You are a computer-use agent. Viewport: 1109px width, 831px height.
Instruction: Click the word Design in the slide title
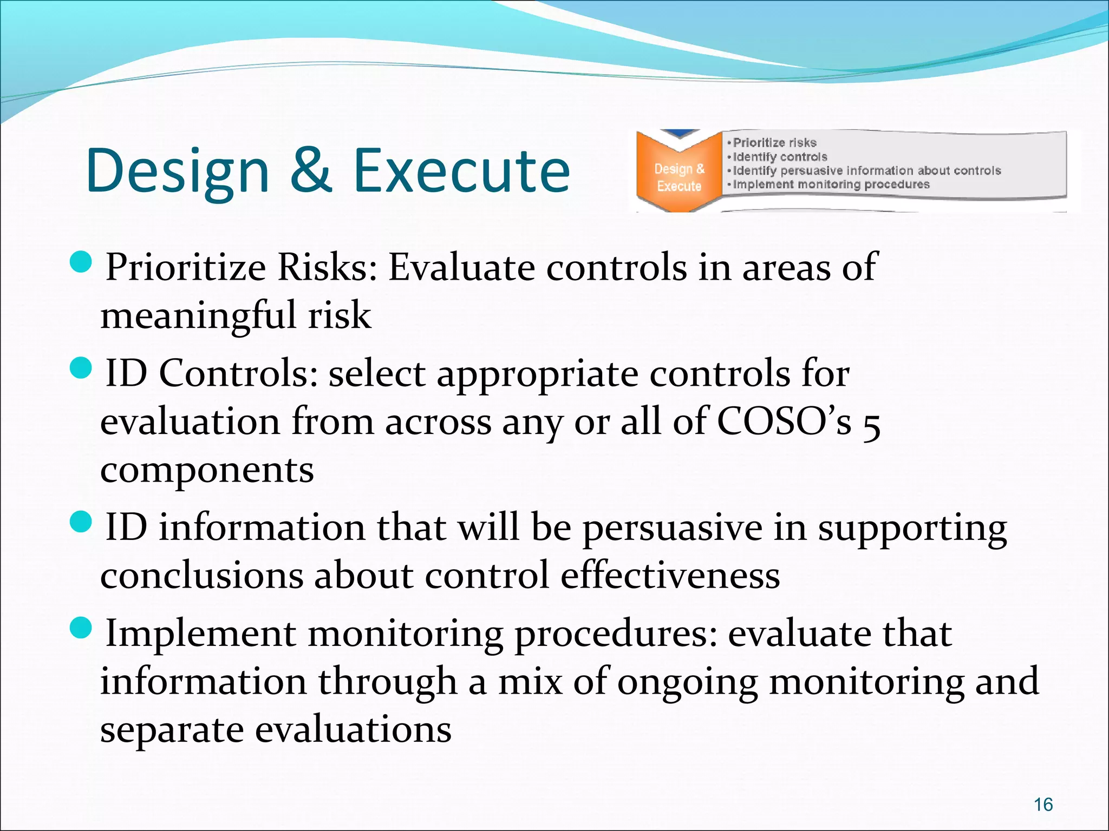click(x=178, y=172)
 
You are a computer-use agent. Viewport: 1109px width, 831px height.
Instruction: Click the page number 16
click(x=1043, y=804)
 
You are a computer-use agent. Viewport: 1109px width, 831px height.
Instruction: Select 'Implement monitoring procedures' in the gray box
click(x=831, y=184)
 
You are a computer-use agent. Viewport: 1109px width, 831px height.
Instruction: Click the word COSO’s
click(x=784, y=421)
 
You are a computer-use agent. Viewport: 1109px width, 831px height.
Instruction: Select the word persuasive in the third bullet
click(x=672, y=527)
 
